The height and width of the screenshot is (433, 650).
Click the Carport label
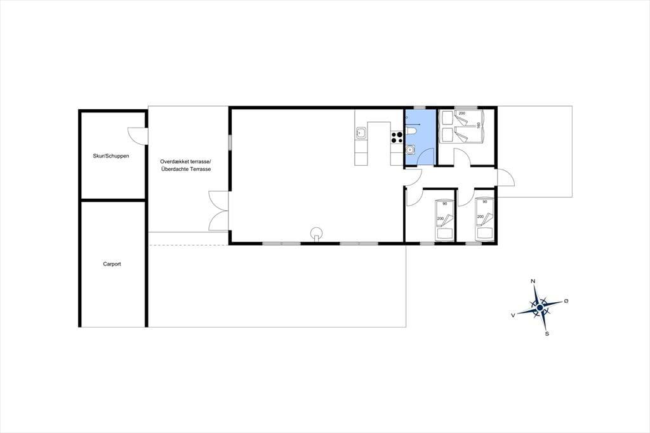pos(112,263)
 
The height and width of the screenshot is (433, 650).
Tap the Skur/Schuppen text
pos(110,156)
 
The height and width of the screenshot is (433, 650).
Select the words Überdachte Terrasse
pos(186,170)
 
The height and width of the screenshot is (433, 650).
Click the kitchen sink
pos(361,133)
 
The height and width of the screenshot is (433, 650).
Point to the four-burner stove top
pos(397,137)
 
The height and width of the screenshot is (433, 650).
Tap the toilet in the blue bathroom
pos(411,131)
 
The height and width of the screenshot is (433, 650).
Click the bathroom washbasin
pos(410,149)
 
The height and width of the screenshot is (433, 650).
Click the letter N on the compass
pos(533,281)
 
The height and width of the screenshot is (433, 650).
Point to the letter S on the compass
pos(547,333)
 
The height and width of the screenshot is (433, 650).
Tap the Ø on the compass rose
pos(566,301)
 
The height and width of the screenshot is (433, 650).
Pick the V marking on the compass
pos(513,315)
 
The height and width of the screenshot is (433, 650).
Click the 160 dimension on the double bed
pos(479,125)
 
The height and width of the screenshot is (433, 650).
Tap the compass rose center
pos(540,308)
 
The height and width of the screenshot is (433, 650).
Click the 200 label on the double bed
pos(462,113)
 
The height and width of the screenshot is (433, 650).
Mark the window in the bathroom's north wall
pos(420,108)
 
